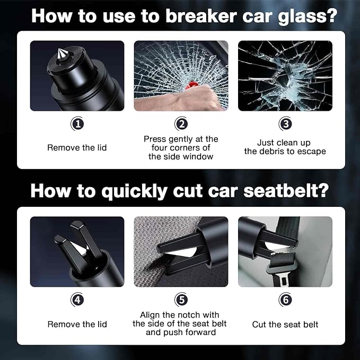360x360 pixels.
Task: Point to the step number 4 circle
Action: click(77, 300)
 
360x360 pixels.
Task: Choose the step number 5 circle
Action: click(181, 300)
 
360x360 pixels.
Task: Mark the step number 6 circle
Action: click(285, 300)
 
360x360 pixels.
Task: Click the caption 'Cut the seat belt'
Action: click(285, 324)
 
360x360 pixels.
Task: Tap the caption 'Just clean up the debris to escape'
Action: click(285, 147)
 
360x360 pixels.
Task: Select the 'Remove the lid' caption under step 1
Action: click(77, 147)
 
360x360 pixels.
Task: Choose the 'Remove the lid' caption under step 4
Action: click(77, 324)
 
